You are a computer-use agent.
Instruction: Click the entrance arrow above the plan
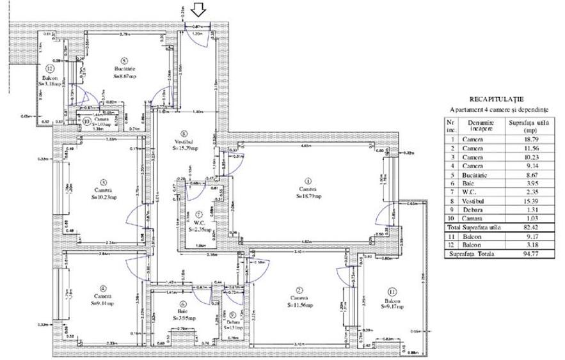click(198, 10)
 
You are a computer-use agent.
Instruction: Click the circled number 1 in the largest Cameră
click(307, 180)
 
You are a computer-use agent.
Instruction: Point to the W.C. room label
click(199, 222)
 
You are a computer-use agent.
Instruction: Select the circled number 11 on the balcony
click(392, 293)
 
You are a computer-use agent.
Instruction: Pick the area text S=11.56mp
click(301, 304)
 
